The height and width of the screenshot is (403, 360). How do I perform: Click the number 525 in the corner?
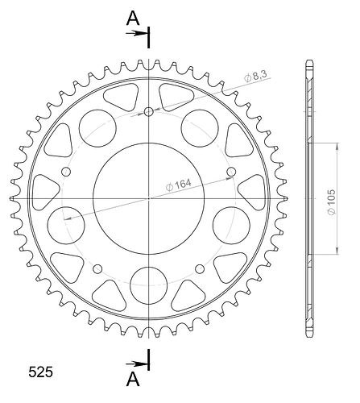click(41, 372)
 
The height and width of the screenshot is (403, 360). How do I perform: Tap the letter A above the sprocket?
click(133, 19)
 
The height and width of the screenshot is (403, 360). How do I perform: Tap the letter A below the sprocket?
click(133, 380)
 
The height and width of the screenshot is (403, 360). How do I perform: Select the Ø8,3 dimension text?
click(255, 77)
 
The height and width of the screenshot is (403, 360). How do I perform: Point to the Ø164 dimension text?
click(179, 185)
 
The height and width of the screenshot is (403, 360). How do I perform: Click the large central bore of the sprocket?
click(148, 198)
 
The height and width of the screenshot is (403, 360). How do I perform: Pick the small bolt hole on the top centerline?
click(148, 112)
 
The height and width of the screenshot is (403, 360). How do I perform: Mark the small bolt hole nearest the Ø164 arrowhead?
click(231, 172)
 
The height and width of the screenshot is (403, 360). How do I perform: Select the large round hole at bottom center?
click(148, 285)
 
